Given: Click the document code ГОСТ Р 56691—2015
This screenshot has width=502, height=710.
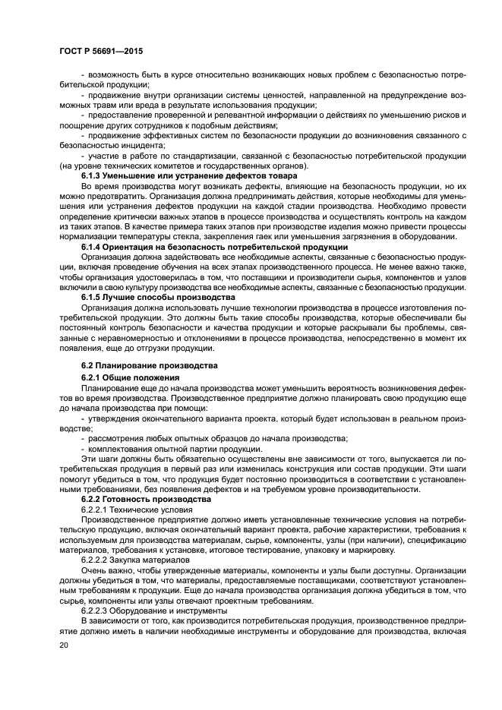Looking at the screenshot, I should pos(102,50).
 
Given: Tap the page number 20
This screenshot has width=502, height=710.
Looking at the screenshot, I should pos(65,645).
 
